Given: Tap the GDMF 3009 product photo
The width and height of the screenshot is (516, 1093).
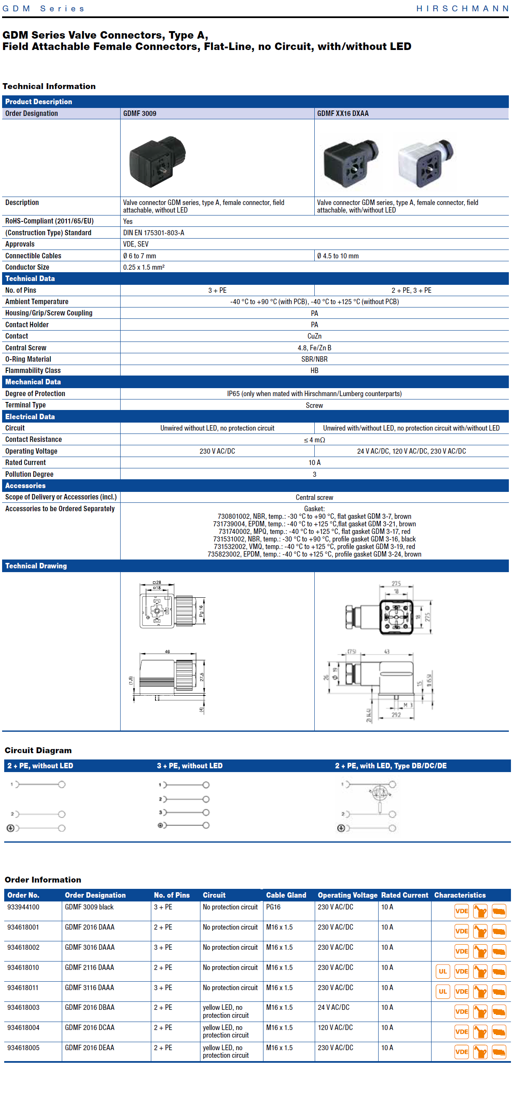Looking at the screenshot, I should coord(158,161).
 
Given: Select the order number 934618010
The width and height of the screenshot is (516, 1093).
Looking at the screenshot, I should coord(23,967).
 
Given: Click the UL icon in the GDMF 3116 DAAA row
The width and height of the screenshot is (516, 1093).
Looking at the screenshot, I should coord(442,992).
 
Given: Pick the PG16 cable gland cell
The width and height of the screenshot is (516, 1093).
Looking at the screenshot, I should coord(273,907).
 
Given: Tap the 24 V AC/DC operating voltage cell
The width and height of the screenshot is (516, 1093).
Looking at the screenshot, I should coord(334,1007).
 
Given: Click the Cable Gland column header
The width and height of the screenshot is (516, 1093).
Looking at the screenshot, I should coord(286,895).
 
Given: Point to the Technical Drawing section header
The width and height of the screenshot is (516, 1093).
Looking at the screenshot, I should coord(36,565).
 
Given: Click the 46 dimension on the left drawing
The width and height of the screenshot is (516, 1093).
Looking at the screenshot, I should coord(167,651).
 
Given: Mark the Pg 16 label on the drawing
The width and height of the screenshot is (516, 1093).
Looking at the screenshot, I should coord(201,611).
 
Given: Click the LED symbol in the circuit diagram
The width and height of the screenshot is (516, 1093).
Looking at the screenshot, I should coord(379,792).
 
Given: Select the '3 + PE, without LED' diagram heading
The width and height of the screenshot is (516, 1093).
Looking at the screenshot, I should coord(189,765).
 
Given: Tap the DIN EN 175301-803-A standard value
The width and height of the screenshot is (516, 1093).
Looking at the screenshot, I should coord(153,233).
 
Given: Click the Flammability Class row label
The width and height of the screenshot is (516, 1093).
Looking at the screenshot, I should coord(33,370).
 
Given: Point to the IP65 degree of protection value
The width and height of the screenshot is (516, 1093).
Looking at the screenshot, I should coord(314,393).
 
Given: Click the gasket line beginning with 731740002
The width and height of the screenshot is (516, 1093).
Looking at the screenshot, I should coord(314,531).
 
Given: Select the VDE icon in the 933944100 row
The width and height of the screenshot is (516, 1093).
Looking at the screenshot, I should coord(461,911).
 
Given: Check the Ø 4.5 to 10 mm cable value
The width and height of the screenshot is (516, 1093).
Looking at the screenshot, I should coord(337,256).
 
